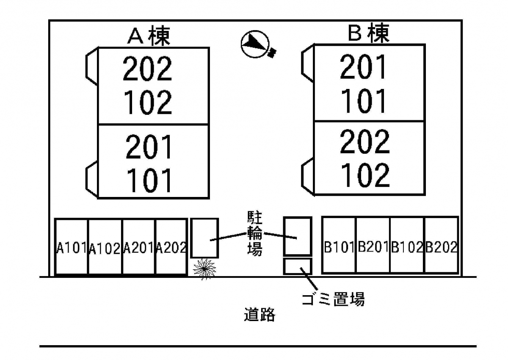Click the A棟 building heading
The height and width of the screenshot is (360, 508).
click(149, 36)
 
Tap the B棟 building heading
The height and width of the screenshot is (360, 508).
click(368, 33)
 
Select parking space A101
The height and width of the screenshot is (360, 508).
click(72, 247)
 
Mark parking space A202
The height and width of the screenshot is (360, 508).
click(171, 247)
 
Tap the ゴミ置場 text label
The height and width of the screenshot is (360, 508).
click(333, 299)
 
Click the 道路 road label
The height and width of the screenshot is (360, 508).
click(260, 315)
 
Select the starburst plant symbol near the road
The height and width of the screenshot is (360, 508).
click(204, 269)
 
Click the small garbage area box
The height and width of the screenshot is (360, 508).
click(297, 266)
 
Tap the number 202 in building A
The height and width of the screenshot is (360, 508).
click(148, 69)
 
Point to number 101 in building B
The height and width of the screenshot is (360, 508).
click(364, 101)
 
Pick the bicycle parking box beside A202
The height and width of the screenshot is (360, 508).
click(204, 238)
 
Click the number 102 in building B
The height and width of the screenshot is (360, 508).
click(365, 175)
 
